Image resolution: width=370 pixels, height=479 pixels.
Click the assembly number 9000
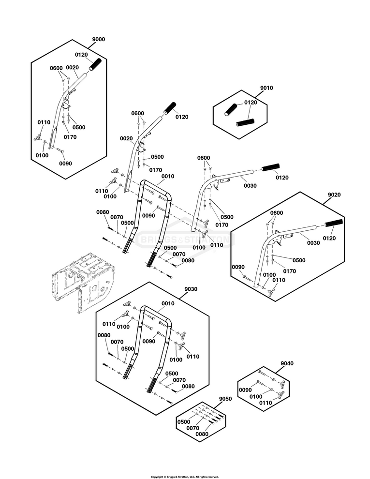(x=99, y=39)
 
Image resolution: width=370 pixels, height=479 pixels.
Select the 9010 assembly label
(x=266, y=88)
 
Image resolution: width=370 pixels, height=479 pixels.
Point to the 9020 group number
(x=334, y=195)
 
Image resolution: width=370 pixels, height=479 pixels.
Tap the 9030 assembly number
(x=192, y=289)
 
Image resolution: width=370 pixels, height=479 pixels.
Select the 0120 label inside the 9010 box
(x=250, y=103)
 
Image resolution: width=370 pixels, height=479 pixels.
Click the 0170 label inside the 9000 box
(x=70, y=137)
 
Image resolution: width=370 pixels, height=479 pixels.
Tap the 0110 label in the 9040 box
(x=265, y=403)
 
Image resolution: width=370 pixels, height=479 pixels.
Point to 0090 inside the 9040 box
(x=246, y=389)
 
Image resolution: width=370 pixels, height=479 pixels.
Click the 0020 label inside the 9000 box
(x=73, y=67)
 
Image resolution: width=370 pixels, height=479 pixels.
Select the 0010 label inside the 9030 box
(x=168, y=303)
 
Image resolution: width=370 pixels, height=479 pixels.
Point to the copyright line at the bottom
(x=185, y=477)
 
